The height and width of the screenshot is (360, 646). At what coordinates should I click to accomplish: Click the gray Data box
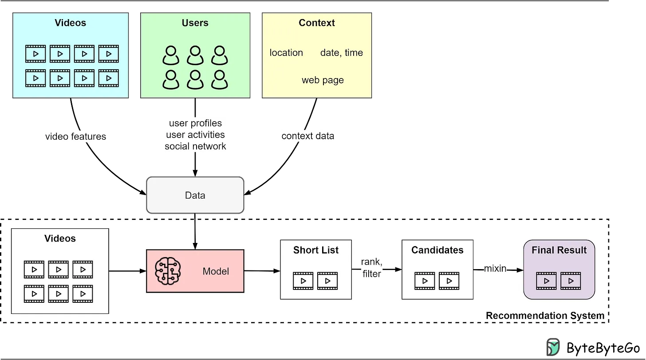coord(195,195)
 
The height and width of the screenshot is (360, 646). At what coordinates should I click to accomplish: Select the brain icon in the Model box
coord(168,271)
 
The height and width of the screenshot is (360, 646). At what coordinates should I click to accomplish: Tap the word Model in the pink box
coord(216,271)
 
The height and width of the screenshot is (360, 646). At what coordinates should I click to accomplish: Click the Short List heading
coord(316,250)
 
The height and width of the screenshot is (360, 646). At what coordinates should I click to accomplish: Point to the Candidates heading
coord(437,250)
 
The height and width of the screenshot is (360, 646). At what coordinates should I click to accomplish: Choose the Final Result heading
coord(559,250)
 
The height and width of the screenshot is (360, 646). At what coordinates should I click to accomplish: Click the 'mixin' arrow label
coord(495,269)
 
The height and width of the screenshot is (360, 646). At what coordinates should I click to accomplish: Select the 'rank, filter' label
coord(371,268)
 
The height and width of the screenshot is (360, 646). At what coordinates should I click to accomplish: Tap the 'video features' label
coord(75,137)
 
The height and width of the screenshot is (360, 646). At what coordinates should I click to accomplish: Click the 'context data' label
coord(308,136)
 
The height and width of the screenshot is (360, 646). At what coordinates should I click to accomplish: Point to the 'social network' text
coord(195,146)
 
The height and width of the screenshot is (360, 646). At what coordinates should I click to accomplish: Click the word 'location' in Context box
coord(286,53)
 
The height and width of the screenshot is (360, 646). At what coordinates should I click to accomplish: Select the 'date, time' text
coord(342,53)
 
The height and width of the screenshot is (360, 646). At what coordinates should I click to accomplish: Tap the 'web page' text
coord(323,80)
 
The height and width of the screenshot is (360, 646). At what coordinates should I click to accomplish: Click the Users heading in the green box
coord(195,23)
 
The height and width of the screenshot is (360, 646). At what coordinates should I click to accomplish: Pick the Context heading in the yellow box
coord(317,23)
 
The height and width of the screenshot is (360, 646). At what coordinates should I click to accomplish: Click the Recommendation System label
coord(545,316)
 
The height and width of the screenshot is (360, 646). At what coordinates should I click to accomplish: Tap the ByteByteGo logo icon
coord(553,347)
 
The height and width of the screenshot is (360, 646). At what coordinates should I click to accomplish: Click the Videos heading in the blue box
coord(71,23)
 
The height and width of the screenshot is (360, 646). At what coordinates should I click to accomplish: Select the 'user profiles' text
coord(195,123)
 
